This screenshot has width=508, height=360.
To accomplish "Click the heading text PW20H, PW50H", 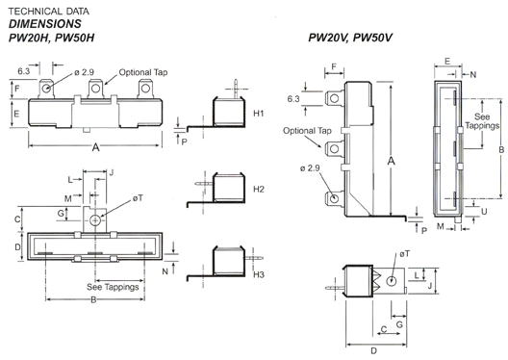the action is (51, 38).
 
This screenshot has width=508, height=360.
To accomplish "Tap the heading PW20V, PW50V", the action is (350, 38).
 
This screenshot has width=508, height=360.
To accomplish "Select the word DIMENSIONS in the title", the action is (44, 24).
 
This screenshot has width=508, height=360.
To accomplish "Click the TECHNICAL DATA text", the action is (49, 12).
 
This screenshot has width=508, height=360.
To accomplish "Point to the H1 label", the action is (259, 113).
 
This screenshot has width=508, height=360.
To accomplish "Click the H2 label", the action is (259, 189).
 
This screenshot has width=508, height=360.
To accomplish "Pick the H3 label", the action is (259, 274).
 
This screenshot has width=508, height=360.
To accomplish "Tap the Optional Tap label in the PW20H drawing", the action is (143, 72).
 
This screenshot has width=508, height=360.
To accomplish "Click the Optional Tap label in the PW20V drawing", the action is (307, 131).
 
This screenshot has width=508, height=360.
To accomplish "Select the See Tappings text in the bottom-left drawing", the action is (113, 287).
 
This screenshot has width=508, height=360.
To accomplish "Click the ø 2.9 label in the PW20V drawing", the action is (310, 168).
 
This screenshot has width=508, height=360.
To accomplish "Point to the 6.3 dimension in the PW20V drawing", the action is (293, 99).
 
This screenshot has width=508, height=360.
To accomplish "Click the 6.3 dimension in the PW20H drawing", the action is (24, 71).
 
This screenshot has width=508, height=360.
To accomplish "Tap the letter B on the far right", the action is (501, 150).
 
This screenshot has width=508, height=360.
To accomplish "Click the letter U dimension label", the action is (484, 212).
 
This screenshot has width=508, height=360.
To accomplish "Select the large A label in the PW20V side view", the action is (391, 161).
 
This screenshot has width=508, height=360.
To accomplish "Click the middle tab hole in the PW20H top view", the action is (95, 88).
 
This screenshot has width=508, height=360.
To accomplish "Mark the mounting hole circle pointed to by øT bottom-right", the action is (392, 281).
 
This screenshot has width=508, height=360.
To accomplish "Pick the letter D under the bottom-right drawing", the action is (374, 351).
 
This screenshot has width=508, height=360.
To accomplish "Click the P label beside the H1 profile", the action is (184, 141).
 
